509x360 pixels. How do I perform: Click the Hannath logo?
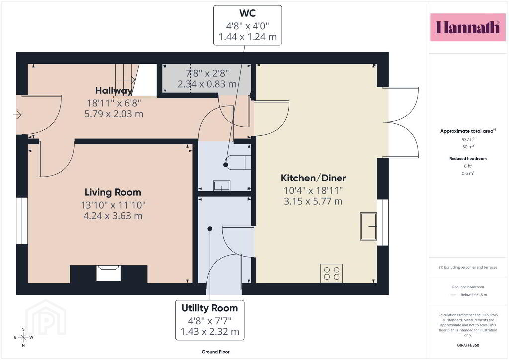(x=468, y=27)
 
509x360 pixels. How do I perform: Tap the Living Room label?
(x=113, y=192)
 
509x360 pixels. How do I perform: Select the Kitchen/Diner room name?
(x=313, y=178)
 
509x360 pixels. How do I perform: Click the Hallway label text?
(x=114, y=90)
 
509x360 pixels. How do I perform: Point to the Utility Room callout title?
(x=210, y=308)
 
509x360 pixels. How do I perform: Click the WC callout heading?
(x=248, y=13)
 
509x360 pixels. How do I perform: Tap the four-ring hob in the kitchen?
(x=332, y=273)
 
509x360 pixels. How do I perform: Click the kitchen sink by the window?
(x=368, y=226)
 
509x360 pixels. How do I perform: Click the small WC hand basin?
(x=222, y=186)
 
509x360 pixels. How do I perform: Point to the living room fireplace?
(x=109, y=273)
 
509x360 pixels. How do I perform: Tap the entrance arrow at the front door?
(x=17, y=114)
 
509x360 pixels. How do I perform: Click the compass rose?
(x=23, y=337)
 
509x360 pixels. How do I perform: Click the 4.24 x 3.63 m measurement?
(x=113, y=216)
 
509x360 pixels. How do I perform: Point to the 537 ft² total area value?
(x=468, y=139)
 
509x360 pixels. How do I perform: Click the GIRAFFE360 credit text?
(x=468, y=345)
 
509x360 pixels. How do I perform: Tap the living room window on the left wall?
(x=22, y=220)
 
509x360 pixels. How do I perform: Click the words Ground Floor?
(x=216, y=352)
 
